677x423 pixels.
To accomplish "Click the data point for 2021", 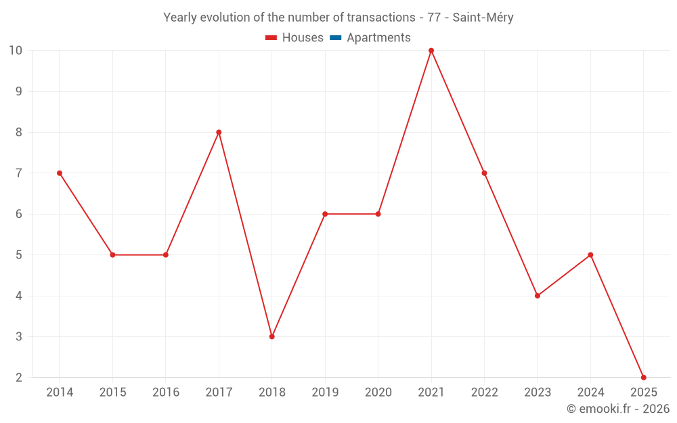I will [431, 51].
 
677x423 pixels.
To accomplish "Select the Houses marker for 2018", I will [272, 336].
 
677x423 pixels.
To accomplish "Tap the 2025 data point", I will [643, 378].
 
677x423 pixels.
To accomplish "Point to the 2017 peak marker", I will [219, 132].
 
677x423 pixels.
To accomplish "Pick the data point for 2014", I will [60, 173].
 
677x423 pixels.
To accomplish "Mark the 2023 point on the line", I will [538, 296].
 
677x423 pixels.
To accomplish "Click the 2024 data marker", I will [590, 255].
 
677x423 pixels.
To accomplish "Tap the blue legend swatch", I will [335, 38].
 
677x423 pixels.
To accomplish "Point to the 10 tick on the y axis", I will [16, 51].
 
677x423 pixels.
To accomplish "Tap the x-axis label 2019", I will [325, 393].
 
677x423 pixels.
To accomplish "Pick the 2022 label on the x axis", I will [484, 393].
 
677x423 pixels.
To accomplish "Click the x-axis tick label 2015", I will [112, 393].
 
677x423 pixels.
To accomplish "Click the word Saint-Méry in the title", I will [483, 18].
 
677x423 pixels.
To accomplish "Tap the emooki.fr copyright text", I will [618, 409].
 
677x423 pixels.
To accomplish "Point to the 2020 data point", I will [378, 214].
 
